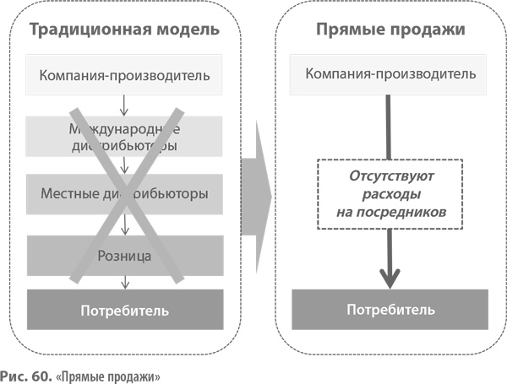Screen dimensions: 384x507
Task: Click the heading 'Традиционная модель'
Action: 125,30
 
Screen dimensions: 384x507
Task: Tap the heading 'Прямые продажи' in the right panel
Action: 390,30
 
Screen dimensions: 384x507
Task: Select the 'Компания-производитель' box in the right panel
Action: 390,74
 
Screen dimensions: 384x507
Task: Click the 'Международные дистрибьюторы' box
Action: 124,137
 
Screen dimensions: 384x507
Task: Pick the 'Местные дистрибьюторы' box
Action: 124,194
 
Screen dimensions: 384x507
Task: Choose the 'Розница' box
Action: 124,254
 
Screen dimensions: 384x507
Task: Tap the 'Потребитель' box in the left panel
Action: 124,310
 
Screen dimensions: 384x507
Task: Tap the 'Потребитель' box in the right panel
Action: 390,309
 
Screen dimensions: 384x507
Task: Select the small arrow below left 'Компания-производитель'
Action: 124,105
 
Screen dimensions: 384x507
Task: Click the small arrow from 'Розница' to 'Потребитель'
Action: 124,281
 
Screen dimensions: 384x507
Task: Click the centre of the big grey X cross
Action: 124,194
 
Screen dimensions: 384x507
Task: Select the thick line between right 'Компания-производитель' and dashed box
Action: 390,127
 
